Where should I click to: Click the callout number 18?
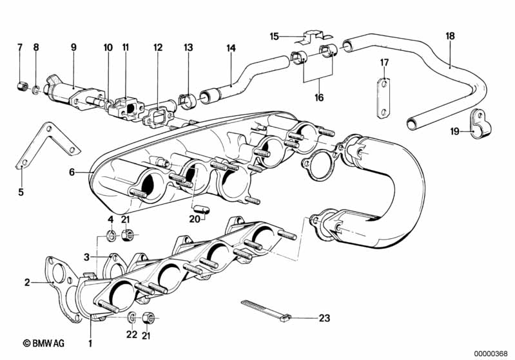click(451, 36)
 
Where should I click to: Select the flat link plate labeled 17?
click(383, 98)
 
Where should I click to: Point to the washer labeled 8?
click(36, 89)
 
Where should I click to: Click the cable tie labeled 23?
click(266, 311)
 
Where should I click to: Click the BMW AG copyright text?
click(43, 343)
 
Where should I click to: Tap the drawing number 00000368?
click(491, 354)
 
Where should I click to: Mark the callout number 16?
click(319, 97)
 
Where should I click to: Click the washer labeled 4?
click(112, 235)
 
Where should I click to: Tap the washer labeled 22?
click(131, 317)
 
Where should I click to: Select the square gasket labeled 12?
click(158, 117)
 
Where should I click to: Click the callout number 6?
click(72, 172)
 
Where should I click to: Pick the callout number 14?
click(231, 48)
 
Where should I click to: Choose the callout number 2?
click(27, 282)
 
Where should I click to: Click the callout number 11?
click(126, 47)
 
